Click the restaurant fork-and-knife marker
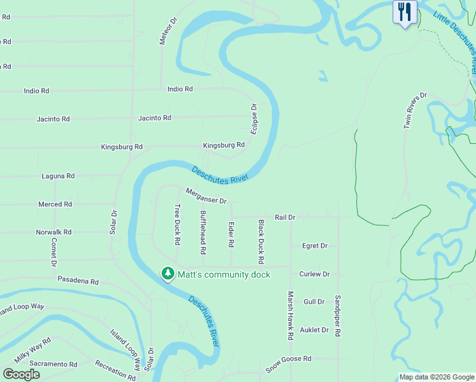tap(404, 12)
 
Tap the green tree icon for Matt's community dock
tap(167, 274)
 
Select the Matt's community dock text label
tap(223, 274)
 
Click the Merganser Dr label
tap(206, 196)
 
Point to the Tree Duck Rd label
tap(178, 224)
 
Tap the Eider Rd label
tap(231, 234)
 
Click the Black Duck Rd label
tap(261, 242)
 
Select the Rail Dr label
tap(285, 217)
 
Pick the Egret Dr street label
tap(314, 246)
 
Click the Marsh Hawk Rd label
tap(290, 316)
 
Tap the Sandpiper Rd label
tap(339, 316)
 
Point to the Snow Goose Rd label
tap(288, 364)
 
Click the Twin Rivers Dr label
tap(414, 111)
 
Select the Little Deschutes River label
tap(456, 42)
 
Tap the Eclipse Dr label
tap(254, 118)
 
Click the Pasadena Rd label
tap(78, 281)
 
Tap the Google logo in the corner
tap(22, 374)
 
